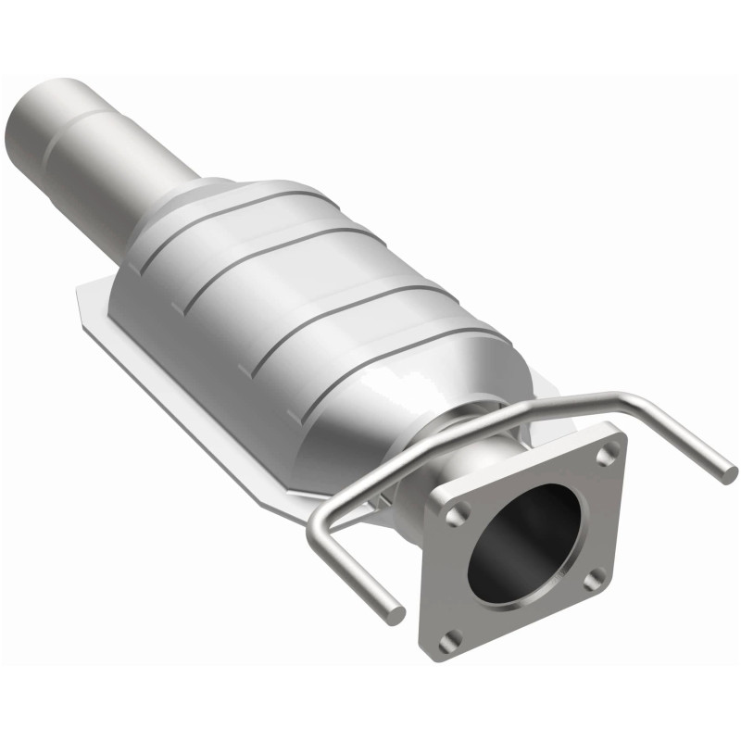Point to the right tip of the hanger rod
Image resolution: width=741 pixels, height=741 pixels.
point(729,473)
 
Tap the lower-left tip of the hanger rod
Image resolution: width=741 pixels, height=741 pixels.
point(396,613)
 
